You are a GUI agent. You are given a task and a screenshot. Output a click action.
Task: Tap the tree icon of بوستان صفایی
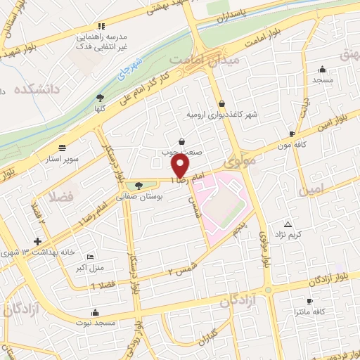(x=138, y=186)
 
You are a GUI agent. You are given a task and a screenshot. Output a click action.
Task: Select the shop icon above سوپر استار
(x=63, y=148)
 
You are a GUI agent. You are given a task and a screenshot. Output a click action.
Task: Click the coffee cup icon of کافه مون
(x=292, y=133)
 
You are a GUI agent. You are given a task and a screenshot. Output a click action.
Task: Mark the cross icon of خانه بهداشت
(x=37, y=241)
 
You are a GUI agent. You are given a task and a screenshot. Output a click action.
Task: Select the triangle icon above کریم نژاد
(x=287, y=224)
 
